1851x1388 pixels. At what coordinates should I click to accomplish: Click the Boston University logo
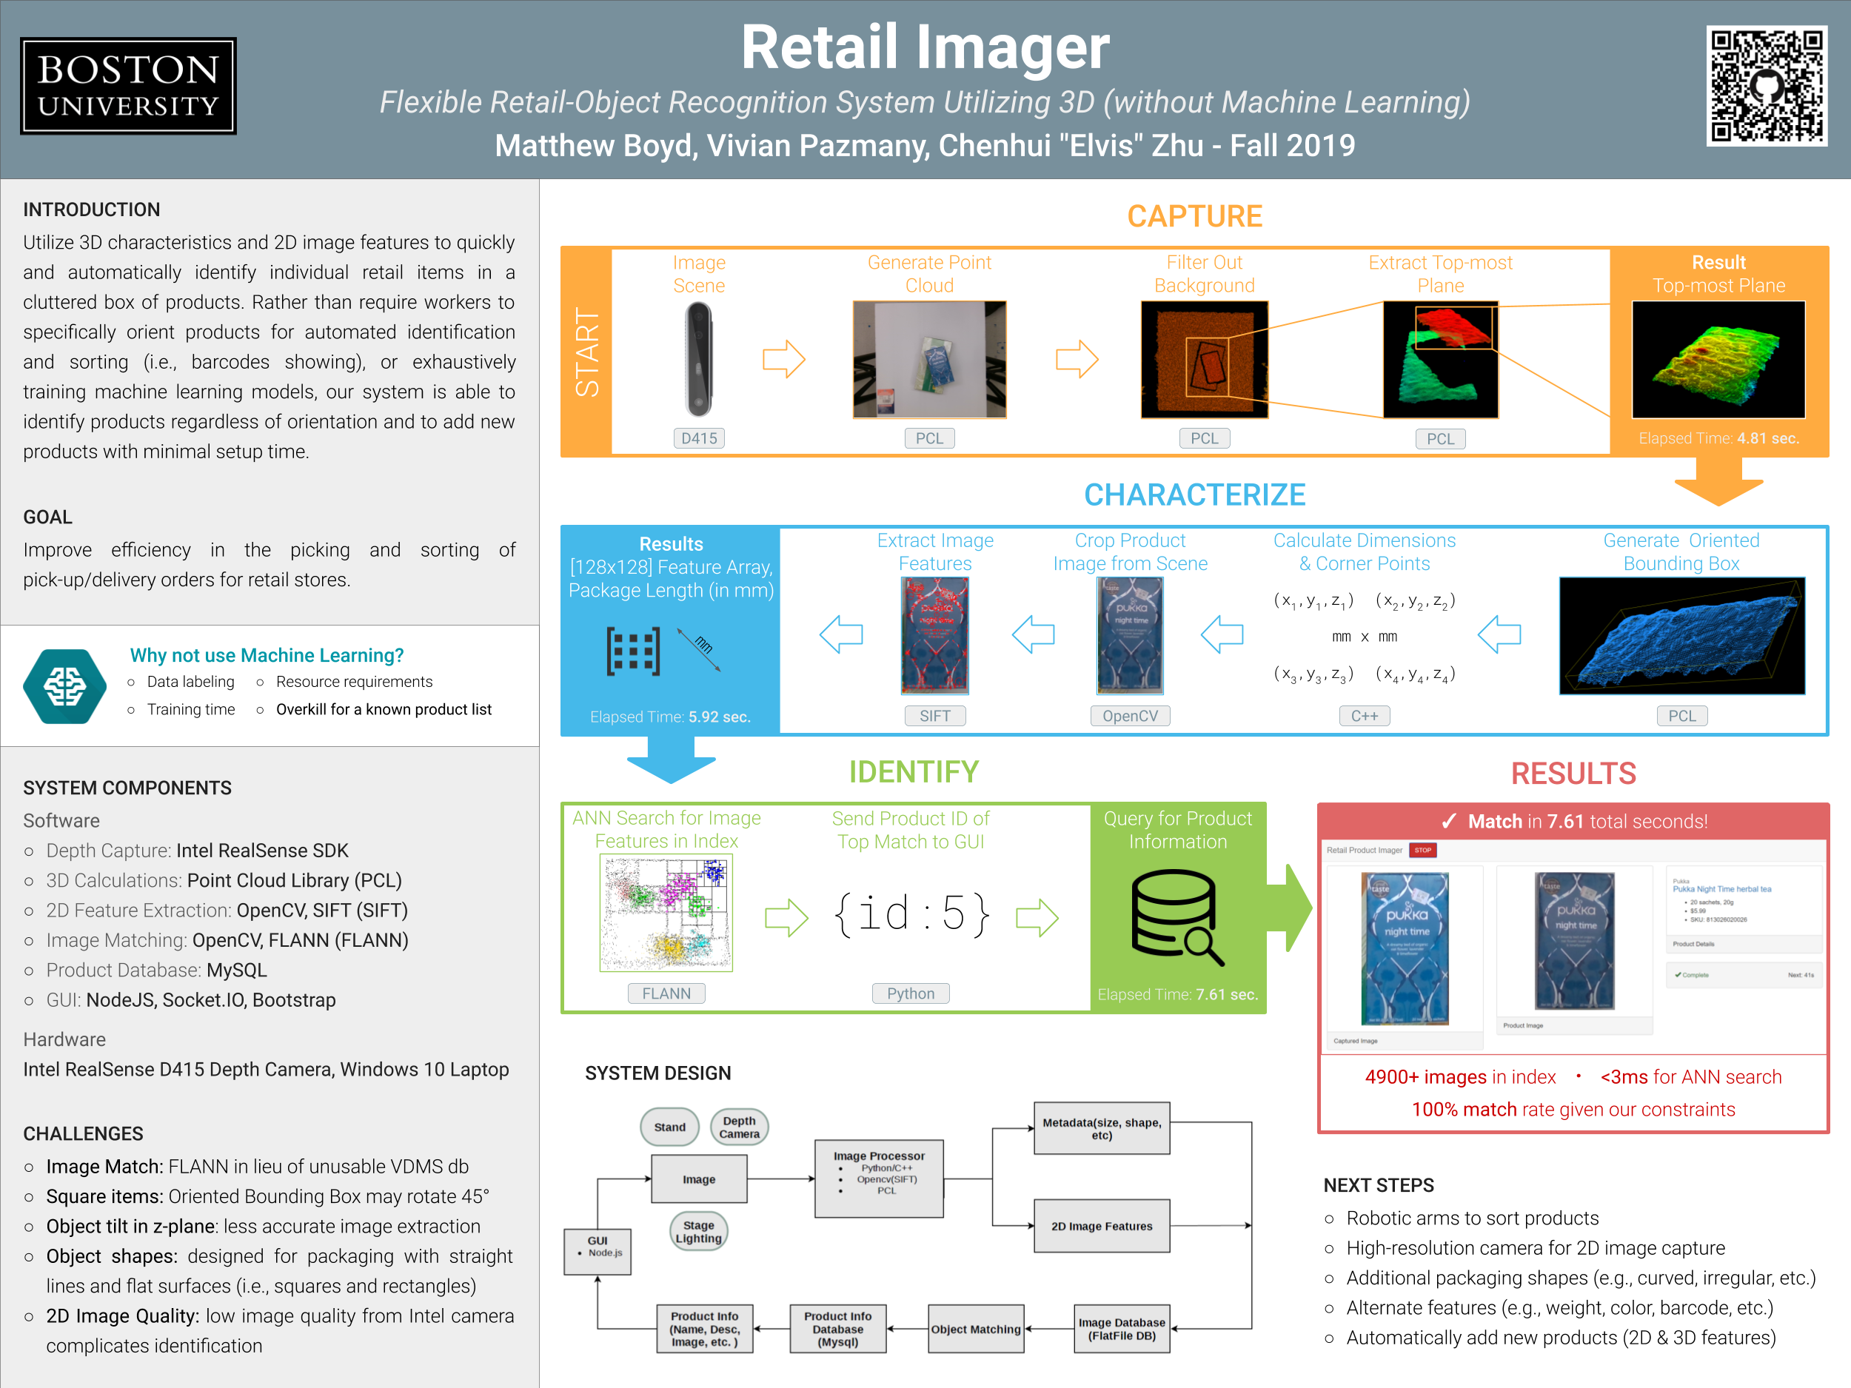[x=128, y=86]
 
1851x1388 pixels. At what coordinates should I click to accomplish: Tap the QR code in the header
[x=1767, y=85]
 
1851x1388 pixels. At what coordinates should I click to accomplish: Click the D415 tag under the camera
[x=699, y=437]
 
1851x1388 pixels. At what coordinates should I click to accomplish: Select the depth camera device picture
[x=699, y=359]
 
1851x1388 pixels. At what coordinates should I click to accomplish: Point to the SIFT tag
[x=934, y=716]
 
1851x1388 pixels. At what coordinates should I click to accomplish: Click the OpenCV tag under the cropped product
[x=1130, y=716]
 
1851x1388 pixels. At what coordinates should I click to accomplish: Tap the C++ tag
[x=1364, y=716]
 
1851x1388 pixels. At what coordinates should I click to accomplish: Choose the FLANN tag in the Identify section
[x=666, y=993]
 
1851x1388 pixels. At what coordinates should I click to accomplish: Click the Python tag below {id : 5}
[x=911, y=993]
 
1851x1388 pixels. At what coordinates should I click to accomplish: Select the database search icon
[x=1176, y=917]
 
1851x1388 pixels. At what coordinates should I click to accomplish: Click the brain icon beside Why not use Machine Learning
[x=64, y=686]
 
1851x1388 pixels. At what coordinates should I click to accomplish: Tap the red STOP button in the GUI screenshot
[x=1422, y=850]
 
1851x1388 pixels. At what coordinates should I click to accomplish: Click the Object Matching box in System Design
[x=976, y=1329]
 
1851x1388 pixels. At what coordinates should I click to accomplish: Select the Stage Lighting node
[x=699, y=1232]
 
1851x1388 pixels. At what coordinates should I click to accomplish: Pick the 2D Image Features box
[x=1101, y=1226]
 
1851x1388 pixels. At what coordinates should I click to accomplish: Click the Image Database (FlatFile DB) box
[x=1121, y=1329]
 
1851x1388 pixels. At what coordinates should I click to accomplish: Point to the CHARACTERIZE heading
[x=1194, y=494]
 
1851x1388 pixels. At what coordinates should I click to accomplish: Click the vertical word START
[x=586, y=352]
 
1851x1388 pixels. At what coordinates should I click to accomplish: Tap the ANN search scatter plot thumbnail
[x=666, y=913]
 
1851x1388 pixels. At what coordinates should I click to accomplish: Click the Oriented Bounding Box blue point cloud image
[x=1681, y=636]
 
